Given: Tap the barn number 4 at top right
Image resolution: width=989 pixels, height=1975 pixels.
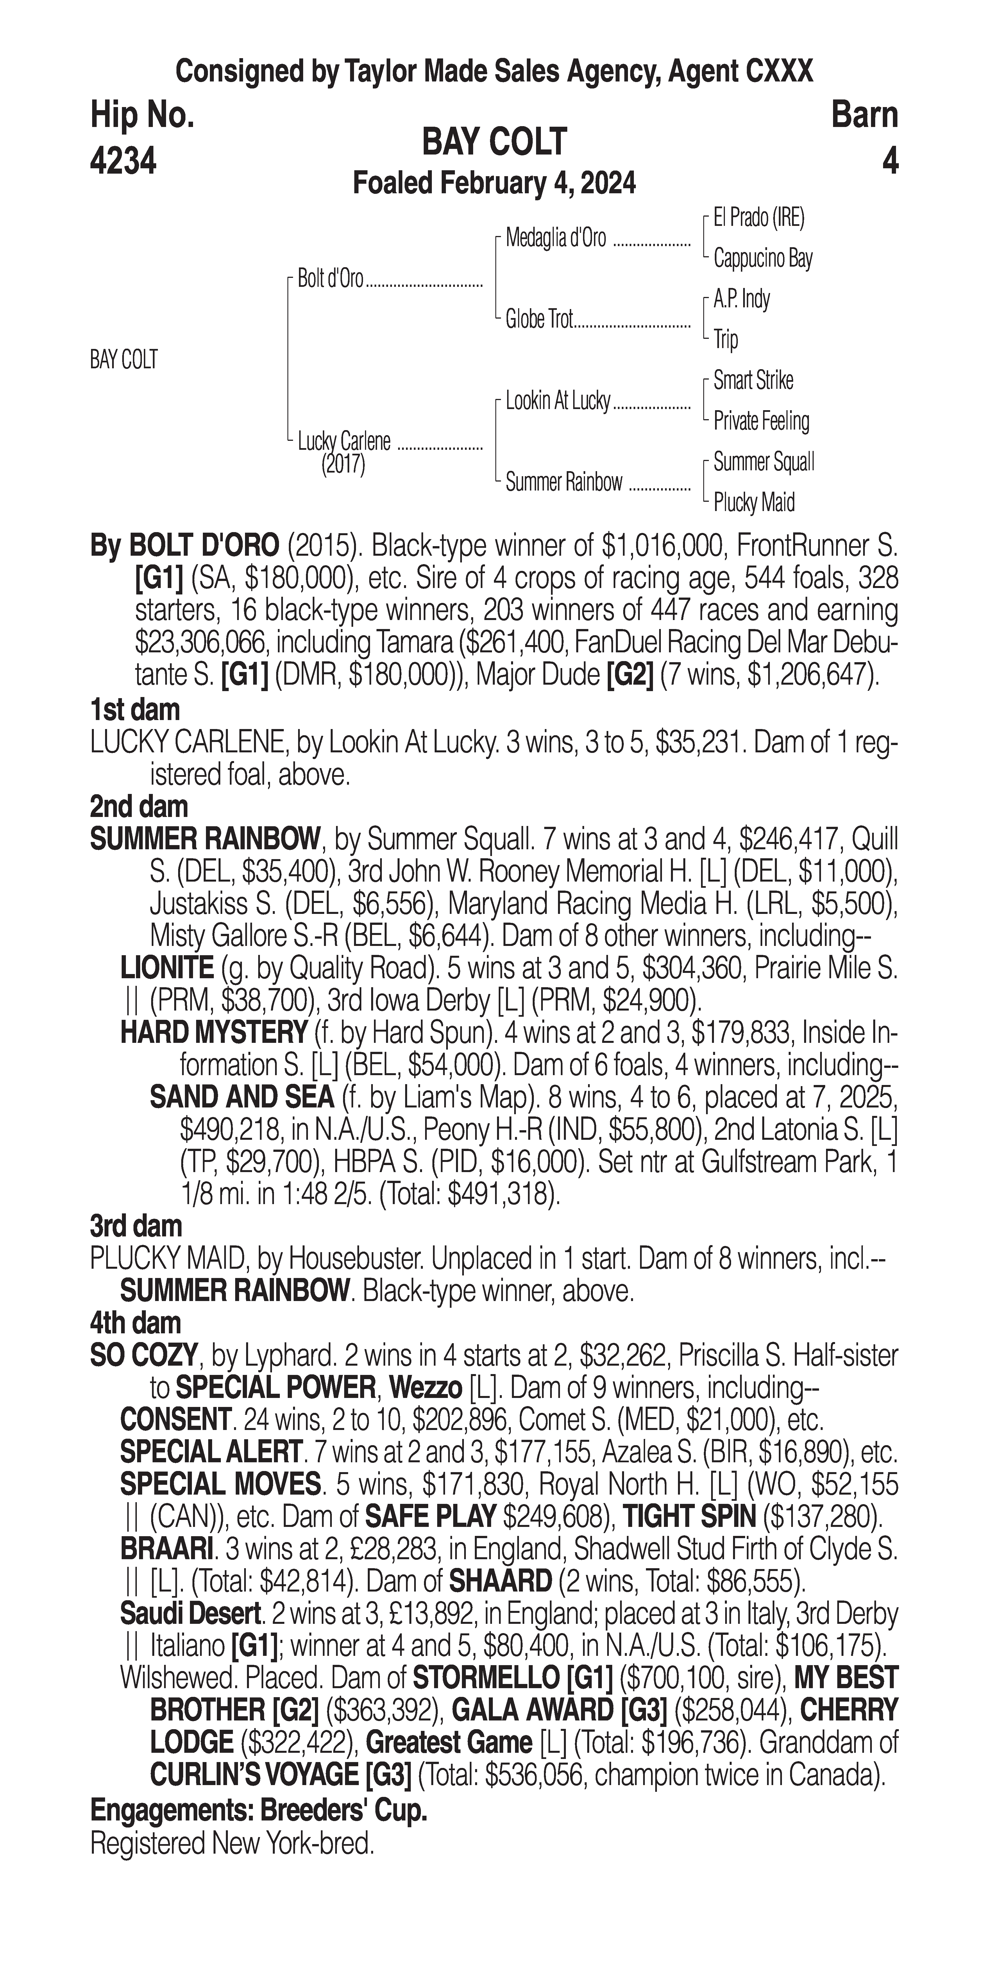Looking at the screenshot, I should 889,162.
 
